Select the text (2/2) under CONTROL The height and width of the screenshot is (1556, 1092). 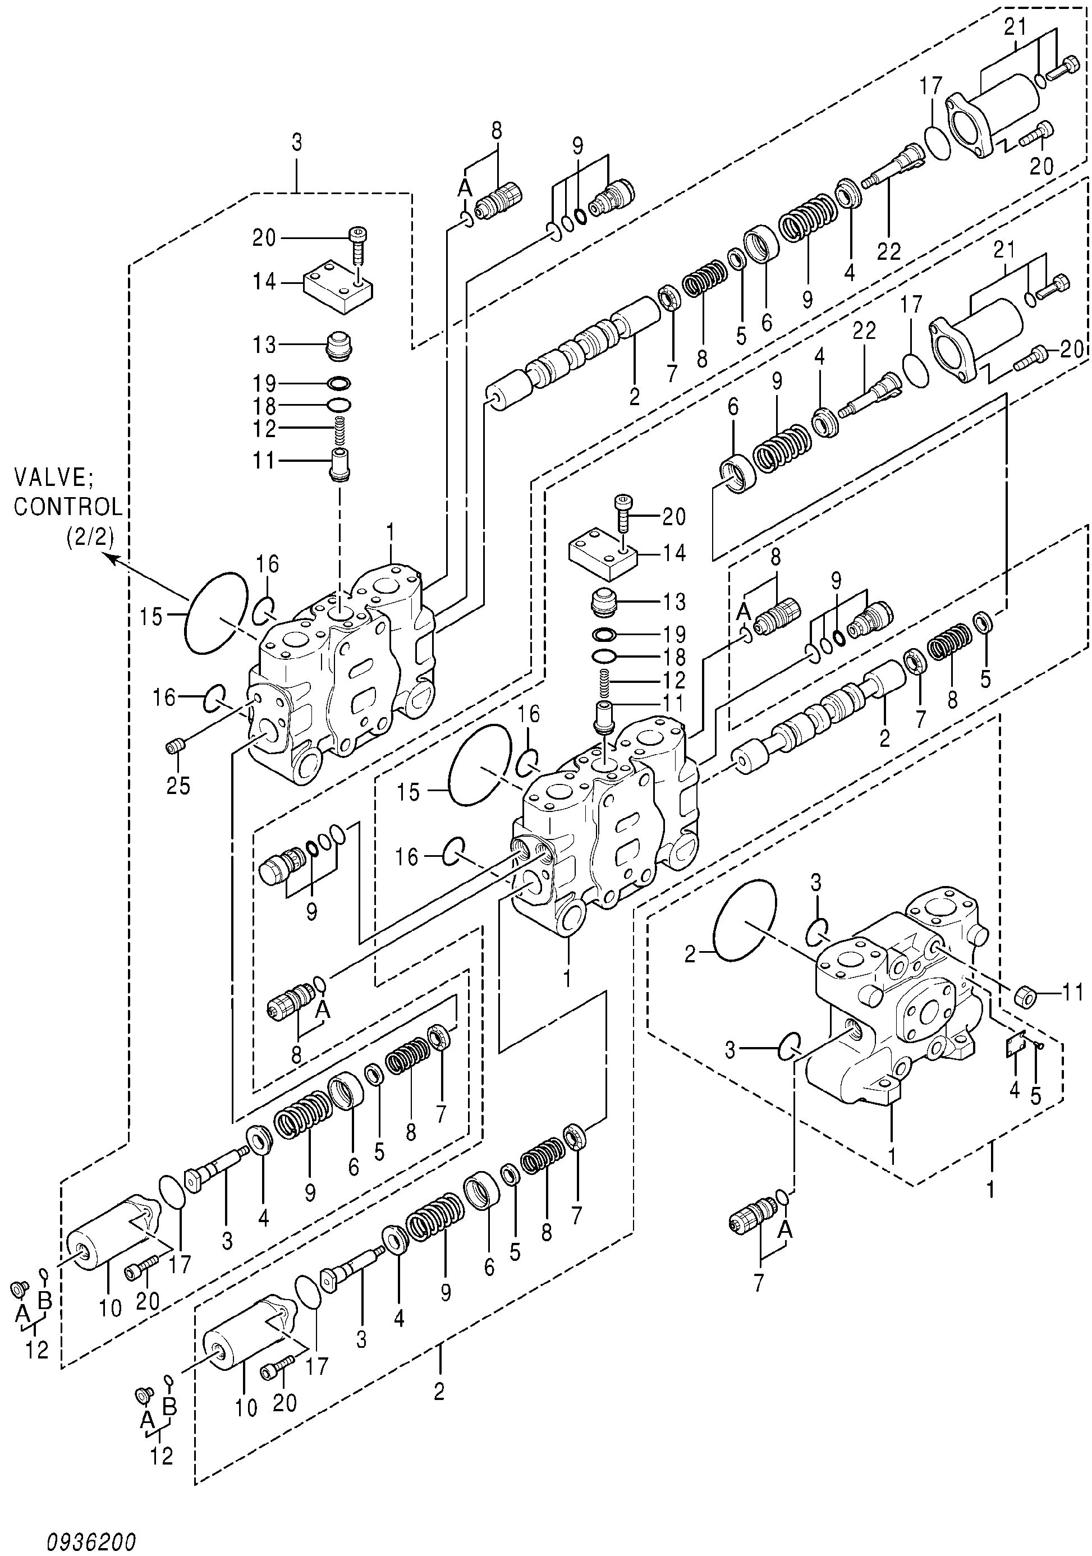click(x=90, y=537)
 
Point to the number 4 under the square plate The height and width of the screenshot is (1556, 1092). click(x=1015, y=1090)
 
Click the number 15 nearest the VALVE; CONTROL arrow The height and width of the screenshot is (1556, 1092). click(x=152, y=617)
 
